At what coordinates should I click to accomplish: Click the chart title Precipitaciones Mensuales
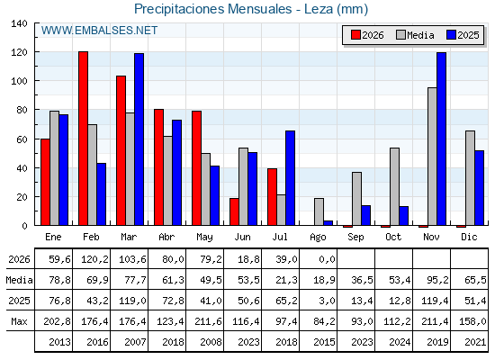(x=212, y=9)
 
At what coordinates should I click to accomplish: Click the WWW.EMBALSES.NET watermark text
(x=99, y=31)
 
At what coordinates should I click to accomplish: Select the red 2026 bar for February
(x=83, y=139)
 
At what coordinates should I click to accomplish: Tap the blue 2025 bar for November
(x=441, y=139)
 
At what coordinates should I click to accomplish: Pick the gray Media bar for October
(x=394, y=186)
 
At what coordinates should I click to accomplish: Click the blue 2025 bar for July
(x=290, y=178)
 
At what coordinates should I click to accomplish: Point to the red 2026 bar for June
(x=234, y=211)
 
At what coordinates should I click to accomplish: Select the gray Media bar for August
(x=319, y=211)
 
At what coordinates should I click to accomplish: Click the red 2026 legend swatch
(x=355, y=35)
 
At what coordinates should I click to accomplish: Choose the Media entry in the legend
(x=415, y=35)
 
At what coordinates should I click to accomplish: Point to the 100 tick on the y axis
(x=20, y=81)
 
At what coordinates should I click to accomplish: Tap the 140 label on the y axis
(x=20, y=23)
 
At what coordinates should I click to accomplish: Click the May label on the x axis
(x=204, y=238)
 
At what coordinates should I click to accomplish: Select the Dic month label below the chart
(x=469, y=237)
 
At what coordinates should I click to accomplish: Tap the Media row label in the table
(x=19, y=280)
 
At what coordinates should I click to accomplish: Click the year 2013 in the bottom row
(x=59, y=342)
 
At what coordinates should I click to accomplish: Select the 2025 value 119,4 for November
(x=435, y=301)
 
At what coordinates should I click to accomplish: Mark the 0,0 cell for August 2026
(x=328, y=259)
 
